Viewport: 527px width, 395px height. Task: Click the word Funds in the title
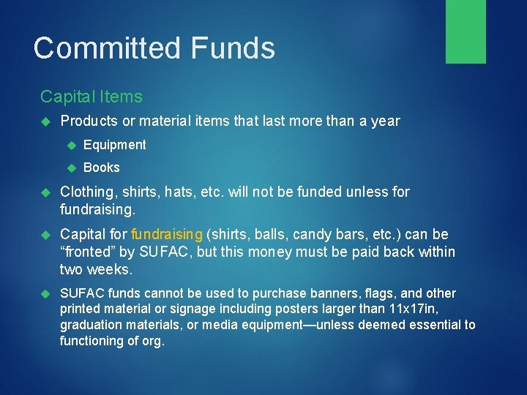tap(233, 48)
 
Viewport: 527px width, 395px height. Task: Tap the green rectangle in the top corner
tap(466, 31)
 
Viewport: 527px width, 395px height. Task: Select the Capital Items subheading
tap(91, 97)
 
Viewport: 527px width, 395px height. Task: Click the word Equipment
tap(114, 145)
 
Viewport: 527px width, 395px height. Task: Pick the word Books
tap(101, 168)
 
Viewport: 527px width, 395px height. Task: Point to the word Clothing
tap(86, 192)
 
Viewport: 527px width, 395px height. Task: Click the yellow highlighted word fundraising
tap(166, 235)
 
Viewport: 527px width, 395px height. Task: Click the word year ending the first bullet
tap(385, 121)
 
